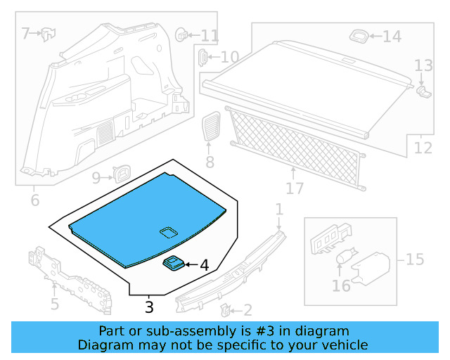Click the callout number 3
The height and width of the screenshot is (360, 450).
click(x=148, y=307)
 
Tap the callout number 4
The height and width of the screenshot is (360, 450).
click(x=204, y=266)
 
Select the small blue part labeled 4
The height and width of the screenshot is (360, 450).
click(x=173, y=263)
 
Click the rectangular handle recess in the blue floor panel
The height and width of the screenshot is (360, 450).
click(x=168, y=231)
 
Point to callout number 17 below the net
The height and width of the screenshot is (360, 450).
click(x=295, y=188)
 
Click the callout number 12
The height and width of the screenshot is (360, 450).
click(x=423, y=148)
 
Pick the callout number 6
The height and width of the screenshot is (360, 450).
click(x=34, y=201)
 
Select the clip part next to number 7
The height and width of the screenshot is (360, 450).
click(x=48, y=32)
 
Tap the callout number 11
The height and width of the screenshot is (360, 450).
click(x=210, y=35)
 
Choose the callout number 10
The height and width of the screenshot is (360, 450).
click(x=229, y=58)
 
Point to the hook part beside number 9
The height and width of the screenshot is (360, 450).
click(x=123, y=172)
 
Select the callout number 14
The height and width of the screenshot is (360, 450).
click(x=392, y=37)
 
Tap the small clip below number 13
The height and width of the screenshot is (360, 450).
click(x=423, y=90)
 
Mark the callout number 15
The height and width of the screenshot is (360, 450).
click(x=414, y=259)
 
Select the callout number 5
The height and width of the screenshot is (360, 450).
click(x=54, y=304)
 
